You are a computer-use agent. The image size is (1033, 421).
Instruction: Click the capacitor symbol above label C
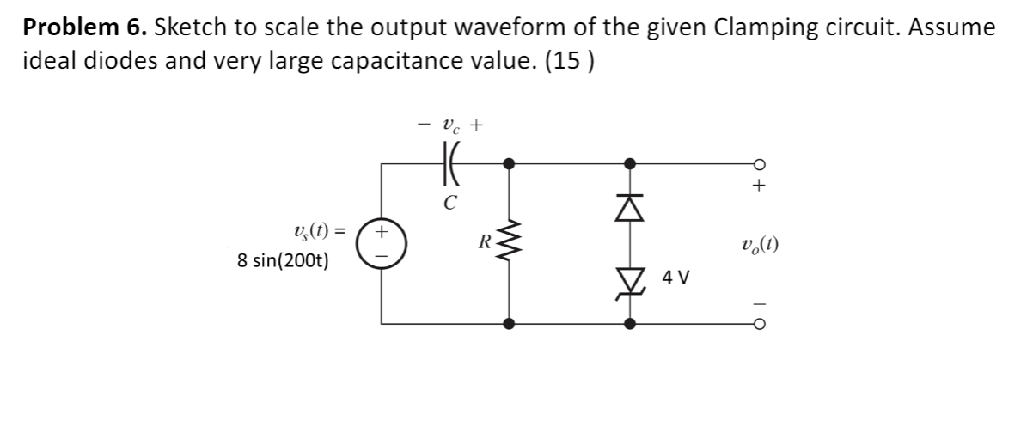point(447,162)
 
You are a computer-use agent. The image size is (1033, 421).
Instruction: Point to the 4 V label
point(675,278)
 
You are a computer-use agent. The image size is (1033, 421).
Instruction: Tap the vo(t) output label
point(758,245)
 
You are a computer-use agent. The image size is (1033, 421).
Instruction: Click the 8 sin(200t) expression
point(284,261)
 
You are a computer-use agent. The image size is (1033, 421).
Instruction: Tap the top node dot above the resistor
point(510,162)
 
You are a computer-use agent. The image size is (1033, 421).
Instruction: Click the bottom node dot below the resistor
point(510,325)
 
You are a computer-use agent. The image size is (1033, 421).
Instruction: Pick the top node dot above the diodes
point(630,162)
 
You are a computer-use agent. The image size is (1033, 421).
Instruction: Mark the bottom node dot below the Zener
point(630,325)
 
